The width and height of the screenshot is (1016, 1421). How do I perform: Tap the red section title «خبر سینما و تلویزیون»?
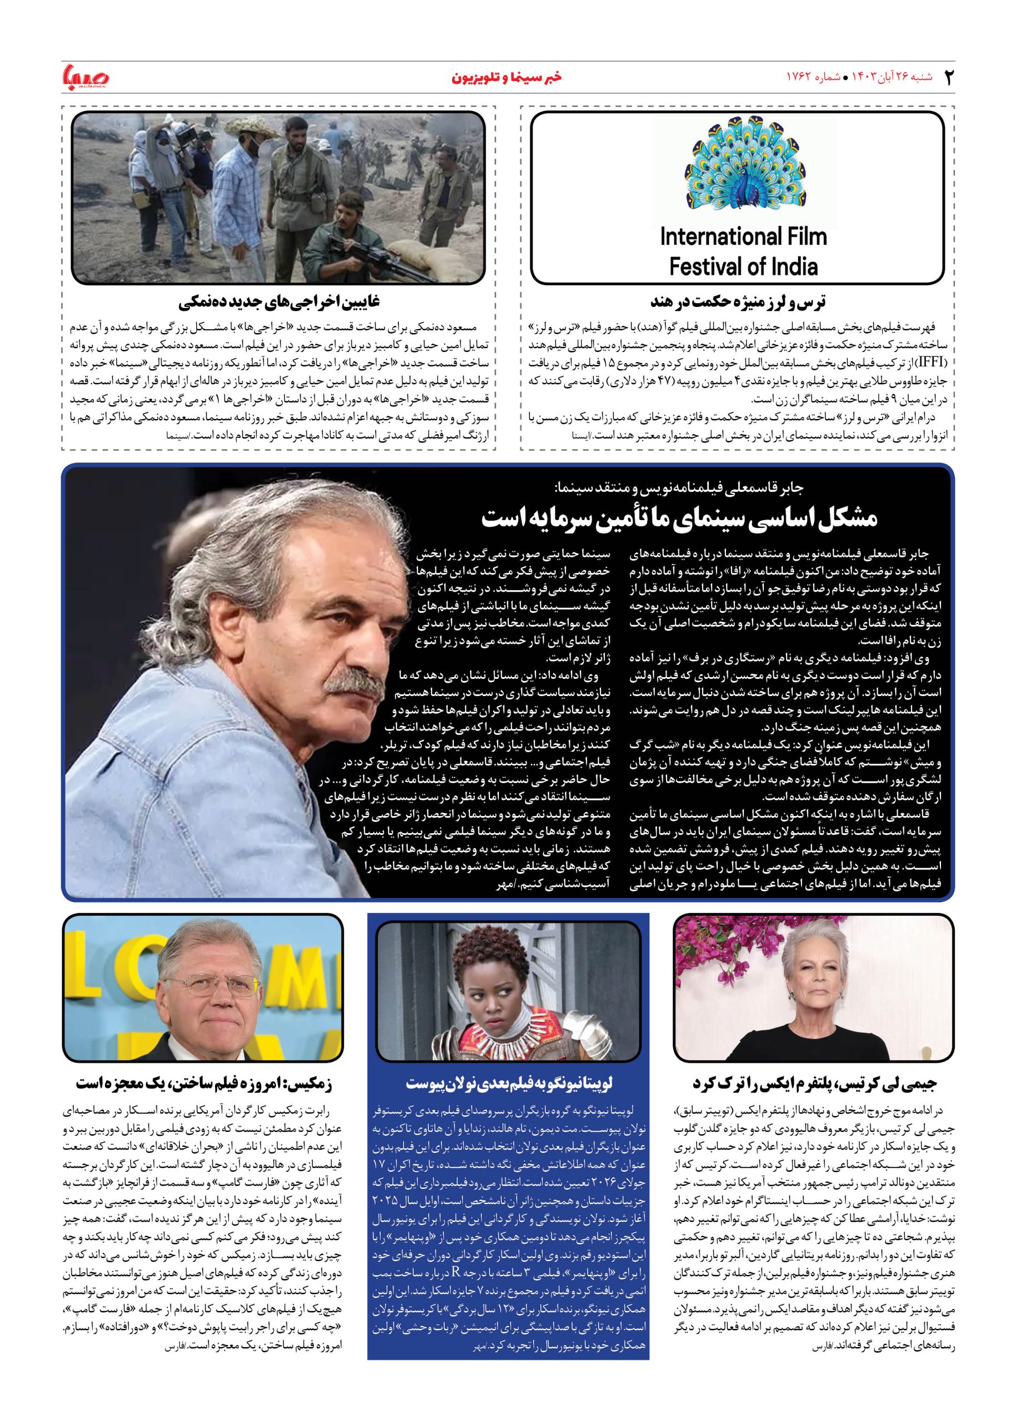pyautogui.click(x=507, y=78)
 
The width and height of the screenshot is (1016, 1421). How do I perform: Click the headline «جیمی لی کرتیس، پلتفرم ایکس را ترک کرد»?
pyautogui.click(x=814, y=1084)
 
